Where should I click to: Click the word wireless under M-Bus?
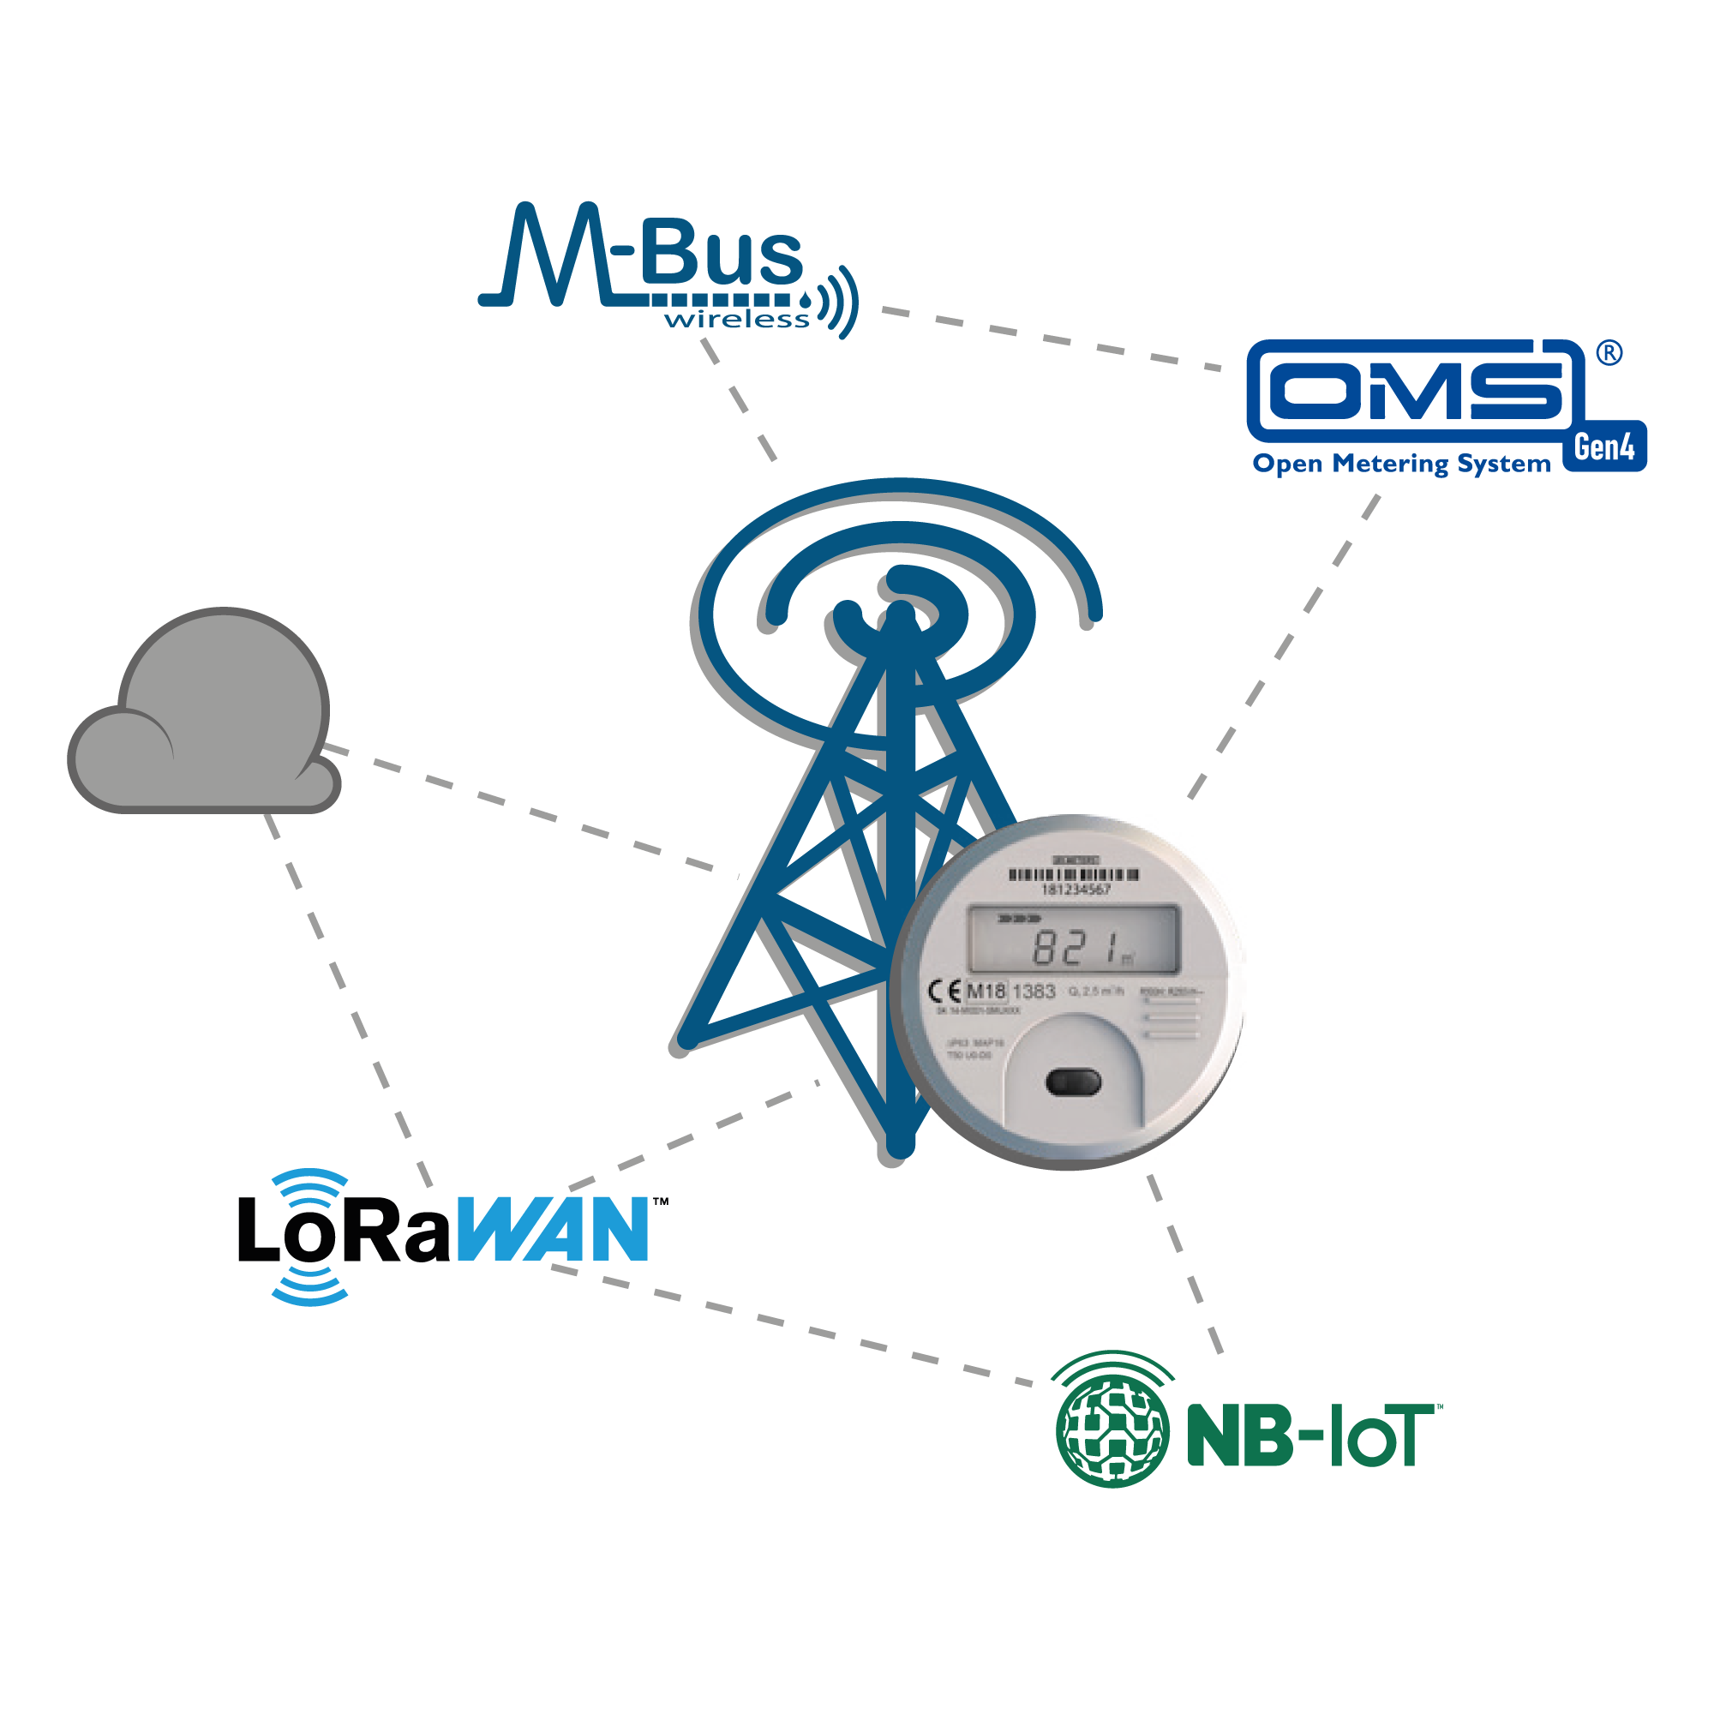736,319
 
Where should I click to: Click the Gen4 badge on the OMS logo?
1604,447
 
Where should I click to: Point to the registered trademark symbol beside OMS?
1609,354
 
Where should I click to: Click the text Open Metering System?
1401,464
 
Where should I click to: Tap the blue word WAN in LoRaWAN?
554,1229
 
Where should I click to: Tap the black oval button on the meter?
1074,1082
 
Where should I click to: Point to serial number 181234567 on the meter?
1075,889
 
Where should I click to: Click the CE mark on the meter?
944,991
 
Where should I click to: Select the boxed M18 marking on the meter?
986,991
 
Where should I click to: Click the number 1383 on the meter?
1034,991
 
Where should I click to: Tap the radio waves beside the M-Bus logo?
839,302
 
